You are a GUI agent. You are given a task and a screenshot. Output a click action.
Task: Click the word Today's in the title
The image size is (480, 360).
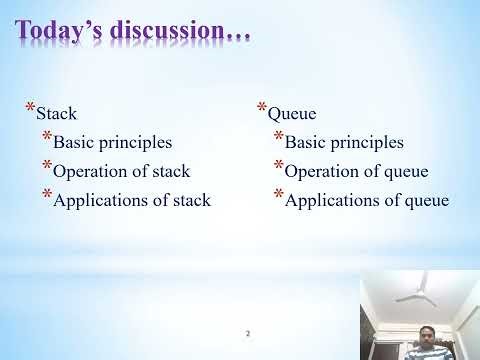(66, 32)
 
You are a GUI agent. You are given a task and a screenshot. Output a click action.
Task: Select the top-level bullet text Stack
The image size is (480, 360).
(56, 114)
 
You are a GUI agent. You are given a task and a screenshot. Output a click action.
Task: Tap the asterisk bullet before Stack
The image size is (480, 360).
(30, 108)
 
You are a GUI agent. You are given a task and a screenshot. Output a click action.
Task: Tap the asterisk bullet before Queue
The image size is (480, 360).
(262, 108)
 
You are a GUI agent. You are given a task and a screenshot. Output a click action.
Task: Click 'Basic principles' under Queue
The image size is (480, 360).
(344, 142)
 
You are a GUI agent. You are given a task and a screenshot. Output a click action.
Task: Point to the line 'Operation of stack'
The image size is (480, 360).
(120, 171)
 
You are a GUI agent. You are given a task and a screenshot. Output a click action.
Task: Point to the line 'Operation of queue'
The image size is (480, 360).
(356, 171)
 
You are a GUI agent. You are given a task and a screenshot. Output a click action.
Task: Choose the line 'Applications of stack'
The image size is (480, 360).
(131, 200)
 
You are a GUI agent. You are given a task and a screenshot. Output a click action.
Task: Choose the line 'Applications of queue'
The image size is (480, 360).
(367, 200)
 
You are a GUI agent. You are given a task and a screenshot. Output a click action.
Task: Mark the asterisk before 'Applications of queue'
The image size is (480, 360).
(278, 194)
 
